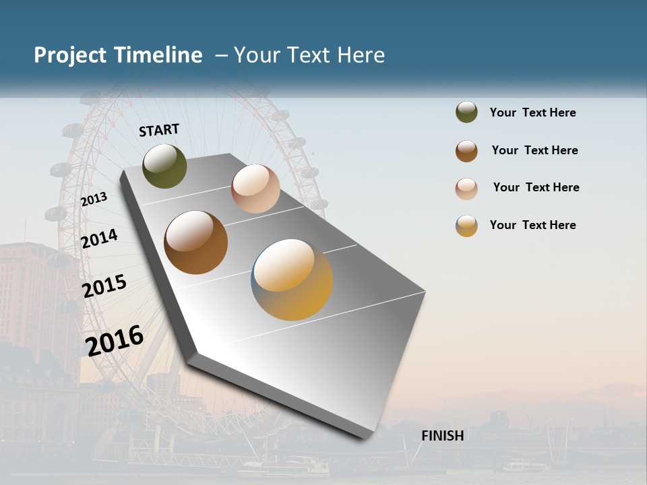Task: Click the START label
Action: [159, 130]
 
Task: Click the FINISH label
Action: [443, 436]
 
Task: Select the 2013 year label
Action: [94, 199]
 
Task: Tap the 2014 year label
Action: [100, 238]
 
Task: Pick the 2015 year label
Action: [104, 286]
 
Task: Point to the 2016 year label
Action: [115, 340]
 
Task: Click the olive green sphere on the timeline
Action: [164, 166]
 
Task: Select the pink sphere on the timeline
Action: [255, 189]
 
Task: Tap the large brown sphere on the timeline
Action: [196, 243]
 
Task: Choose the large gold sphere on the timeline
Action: [292, 280]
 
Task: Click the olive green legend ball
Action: [466, 112]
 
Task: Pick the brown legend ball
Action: [466, 151]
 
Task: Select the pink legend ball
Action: [466, 189]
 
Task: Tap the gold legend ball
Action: [466, 226]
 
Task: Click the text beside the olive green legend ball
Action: [532, 112]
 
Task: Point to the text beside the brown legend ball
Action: [534, 150]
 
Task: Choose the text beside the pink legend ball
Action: [536, 187]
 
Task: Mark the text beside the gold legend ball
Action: [532, 225]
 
